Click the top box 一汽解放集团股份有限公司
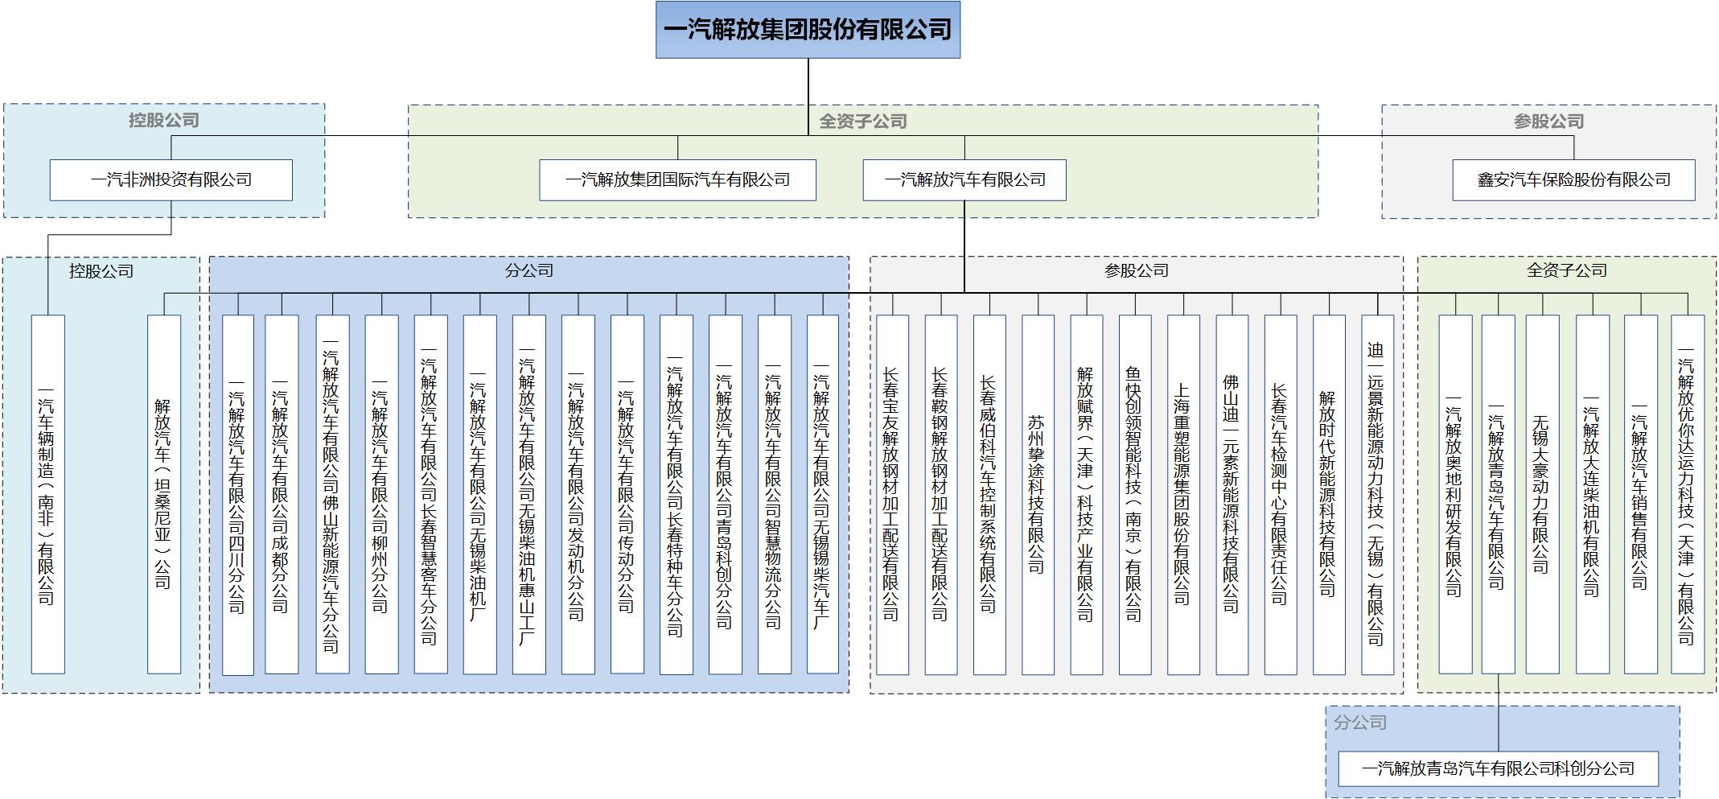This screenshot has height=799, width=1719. (x=808, y=30)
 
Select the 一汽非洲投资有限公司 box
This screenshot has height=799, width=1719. (x=171, y=180)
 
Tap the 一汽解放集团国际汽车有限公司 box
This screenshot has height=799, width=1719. (x=677, y=180)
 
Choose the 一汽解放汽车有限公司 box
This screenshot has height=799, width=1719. (x=964, y=180)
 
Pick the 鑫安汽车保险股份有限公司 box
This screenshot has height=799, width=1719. (x=1573, y=180)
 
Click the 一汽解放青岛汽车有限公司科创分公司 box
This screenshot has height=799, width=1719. (x=1498, y=769)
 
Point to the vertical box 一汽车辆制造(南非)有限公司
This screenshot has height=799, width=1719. (x=47, y=494)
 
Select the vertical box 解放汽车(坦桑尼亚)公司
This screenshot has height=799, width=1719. (x=164, y=494)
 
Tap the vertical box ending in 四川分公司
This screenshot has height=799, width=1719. (x=238, y=494)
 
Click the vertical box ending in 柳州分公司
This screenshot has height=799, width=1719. (x=381, y=494)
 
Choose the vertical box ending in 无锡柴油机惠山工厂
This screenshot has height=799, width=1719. (x=528, y=494)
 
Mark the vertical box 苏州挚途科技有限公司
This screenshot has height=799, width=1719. (x=1038, y=494)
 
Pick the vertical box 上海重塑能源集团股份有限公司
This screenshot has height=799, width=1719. (x=1183, y=494)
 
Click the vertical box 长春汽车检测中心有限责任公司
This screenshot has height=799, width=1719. (x=1281, y=494)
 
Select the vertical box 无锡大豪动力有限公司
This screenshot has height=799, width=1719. (x=1542, y=494)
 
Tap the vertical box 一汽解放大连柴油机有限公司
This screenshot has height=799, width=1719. (x=1592, y=494)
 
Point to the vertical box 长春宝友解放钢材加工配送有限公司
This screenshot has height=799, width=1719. (x=892, y=494)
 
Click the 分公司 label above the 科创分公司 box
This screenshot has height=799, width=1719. (x=1360, y=723)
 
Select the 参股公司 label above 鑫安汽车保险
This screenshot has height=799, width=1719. (x=1548, y=121)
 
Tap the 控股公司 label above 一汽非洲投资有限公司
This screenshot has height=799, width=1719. (x=163, y=120)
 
